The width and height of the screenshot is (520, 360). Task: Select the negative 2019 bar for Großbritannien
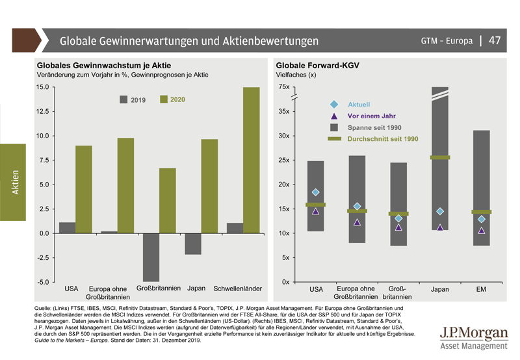(151, 257)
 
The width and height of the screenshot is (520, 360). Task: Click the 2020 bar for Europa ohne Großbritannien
(126, 185)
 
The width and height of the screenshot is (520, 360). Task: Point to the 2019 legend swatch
(123, 100)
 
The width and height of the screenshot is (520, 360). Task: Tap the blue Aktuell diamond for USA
(316, 192)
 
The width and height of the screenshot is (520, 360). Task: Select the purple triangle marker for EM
(482, 230)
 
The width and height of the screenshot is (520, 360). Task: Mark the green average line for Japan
(440, 158)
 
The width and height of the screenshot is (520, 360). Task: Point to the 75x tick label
(283, 87)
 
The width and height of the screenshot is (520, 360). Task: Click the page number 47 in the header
(495, 40)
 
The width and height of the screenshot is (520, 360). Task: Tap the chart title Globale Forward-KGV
(317, 66)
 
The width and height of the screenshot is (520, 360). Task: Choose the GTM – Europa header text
(447, 41)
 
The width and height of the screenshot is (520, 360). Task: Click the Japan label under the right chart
(440, 290)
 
